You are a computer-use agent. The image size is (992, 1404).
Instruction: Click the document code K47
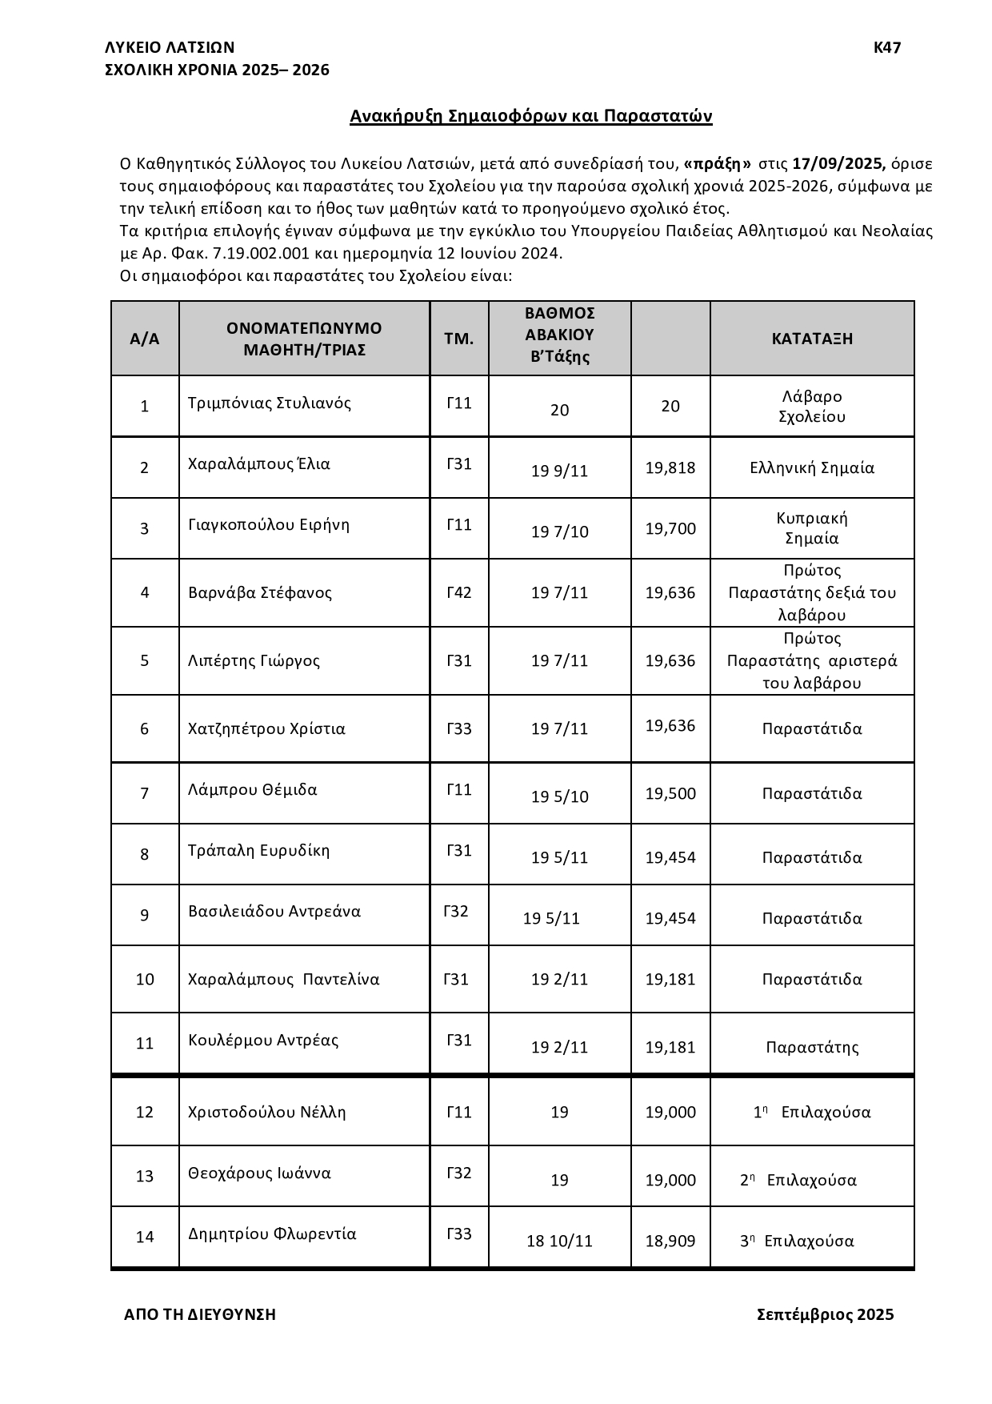pyautogui.click(x=887, y=48)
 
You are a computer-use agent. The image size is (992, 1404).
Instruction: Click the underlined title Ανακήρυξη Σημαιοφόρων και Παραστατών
pyautogui.click(x=530, y=117)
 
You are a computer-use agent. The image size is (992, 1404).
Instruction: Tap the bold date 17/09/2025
pyautogui.click(x=838, y=164)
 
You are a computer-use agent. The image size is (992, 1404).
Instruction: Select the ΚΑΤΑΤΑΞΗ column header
pyautogui.click(x=812, y=339)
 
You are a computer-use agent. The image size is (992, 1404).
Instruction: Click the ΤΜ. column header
pyautogui.click(x=459, y=339)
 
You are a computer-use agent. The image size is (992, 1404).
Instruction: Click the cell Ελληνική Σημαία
pyautogui.click(x=812, y=468)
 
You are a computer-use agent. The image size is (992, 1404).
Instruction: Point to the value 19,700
pyautogui.click(x=670, y=529)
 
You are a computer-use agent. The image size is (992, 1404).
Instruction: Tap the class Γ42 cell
pyautogui.click(x=459, y=593)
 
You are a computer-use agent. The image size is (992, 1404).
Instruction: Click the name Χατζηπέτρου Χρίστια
pyautogui.click(x=266, y=729)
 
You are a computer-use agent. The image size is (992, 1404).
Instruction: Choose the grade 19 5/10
pyautogui.click(x=559, y=797)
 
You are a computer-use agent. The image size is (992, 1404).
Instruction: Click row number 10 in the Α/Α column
pyautogui.click(x=145, y=980)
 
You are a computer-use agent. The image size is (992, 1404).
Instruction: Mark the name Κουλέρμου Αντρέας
pyautogui.click(x=263, y=1041)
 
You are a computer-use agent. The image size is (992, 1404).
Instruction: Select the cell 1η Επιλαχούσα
pyautogui.click(x=812, y=1113)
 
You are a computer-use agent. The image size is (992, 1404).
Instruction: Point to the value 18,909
pyautogui.click(x=670, y=1242)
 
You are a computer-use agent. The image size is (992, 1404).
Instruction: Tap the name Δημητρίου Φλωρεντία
pyautogui.click(x=272, y=1234)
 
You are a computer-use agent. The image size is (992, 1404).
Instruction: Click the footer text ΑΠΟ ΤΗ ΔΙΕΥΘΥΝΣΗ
pyautogui.click(x=200, y=1314)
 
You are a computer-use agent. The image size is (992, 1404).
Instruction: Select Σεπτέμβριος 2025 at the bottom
pyautogui.click(x=825, y=1314)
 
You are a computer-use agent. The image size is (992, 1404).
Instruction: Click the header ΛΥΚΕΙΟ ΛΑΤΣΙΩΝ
pyautogui.click(x=170, y=48)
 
